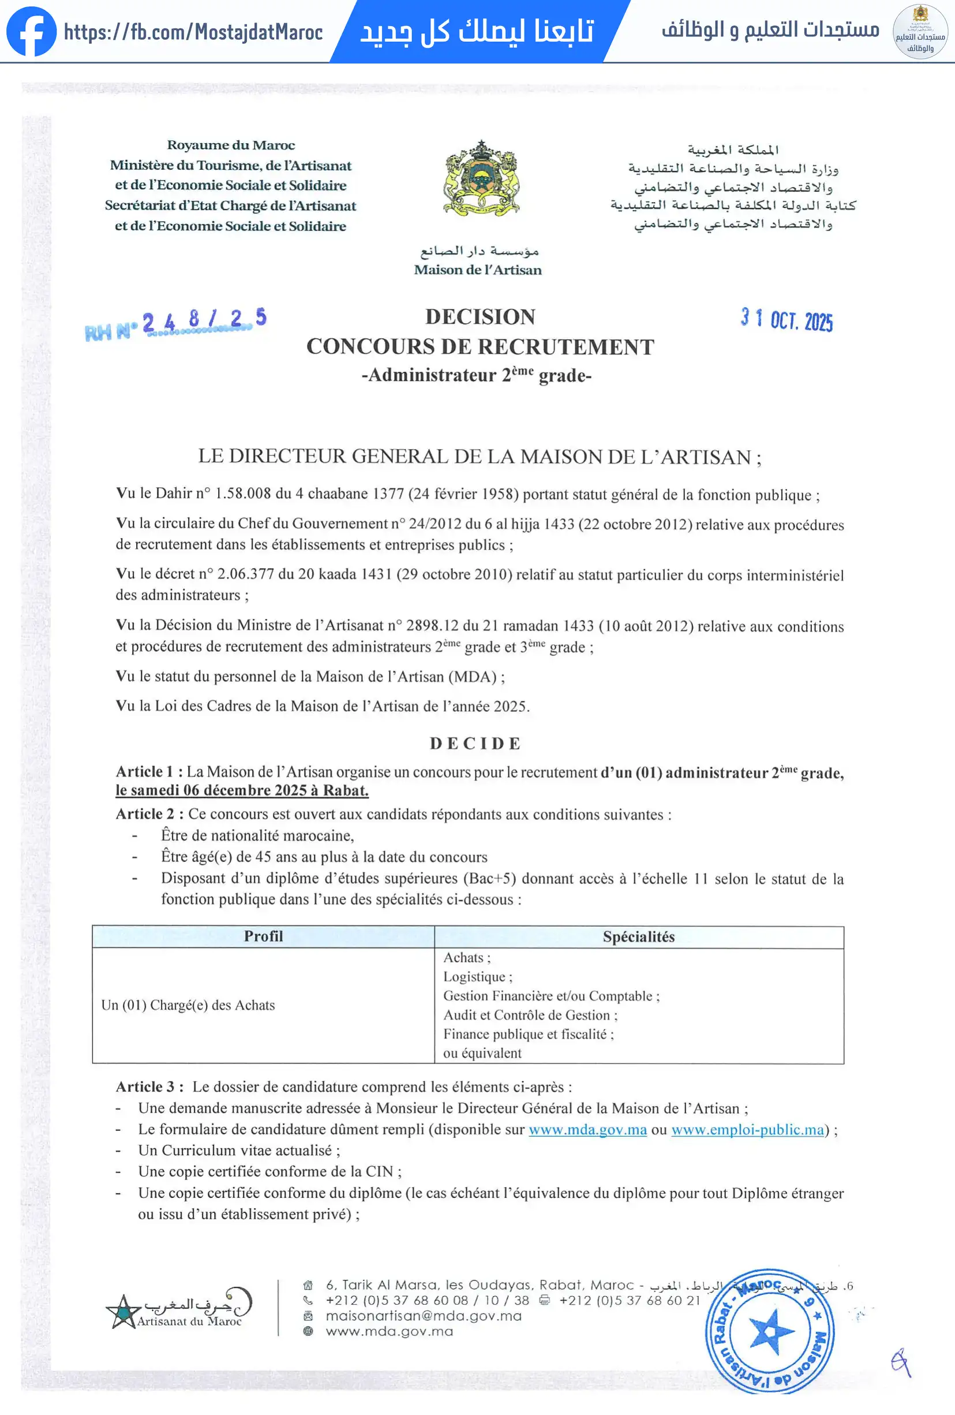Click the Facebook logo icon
coord(31,32)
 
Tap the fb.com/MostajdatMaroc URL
coord(193,32)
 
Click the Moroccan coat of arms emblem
coord(481,178)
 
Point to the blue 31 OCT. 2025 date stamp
coord(787,319)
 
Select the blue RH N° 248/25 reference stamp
coord(175,323)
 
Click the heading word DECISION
coord(480,316)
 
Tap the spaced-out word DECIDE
coord(475,743)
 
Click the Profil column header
coord(263,936)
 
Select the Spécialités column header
coord(638,936)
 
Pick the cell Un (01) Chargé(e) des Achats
coord(188,1005)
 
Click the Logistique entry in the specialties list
coord(477,977)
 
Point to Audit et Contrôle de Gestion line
coord(530,1015)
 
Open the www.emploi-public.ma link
coord(747,1129)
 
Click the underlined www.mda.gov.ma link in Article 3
coord(587,1129)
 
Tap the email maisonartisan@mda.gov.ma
coord(424,1316)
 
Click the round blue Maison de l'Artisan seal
coord(770,1331)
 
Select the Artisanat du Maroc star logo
coord(123,1312)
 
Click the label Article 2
coord(145,814)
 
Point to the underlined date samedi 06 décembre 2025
coord(242,791)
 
